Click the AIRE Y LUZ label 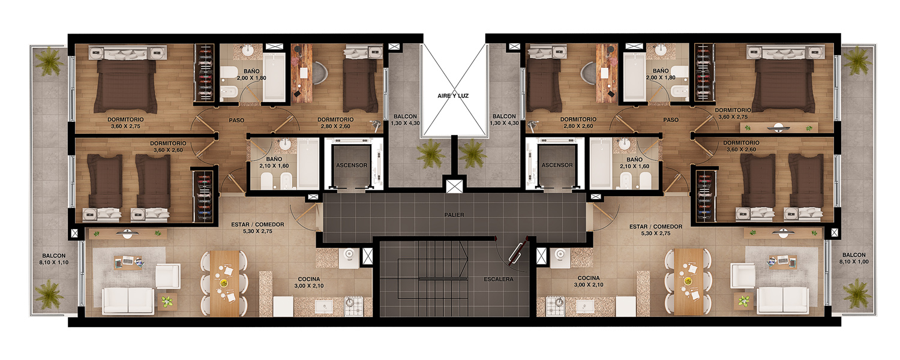(x=453, y=95)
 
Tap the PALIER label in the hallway (x=454, y=215)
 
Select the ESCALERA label (x=499, y=279)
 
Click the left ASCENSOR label (x=352, y=165)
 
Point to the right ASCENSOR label (x=557, y=165)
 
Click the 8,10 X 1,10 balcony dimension (x=54, y=262)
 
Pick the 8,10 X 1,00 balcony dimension (x=854, y=262)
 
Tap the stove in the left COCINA (x=353, y=306)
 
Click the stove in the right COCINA (x=555, y=306)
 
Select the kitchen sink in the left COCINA (x=324, y=307)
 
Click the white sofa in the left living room (x=128, y=301)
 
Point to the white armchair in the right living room (x=743, y=275)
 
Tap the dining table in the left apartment (x=224, y=283)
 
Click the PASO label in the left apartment (x=236, y=120)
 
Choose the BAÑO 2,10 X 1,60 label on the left (x=274, y=163)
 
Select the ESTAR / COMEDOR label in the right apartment (x=656, y=227)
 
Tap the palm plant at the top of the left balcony (x=49, y=61)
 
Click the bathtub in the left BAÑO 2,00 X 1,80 (x=274, y=76)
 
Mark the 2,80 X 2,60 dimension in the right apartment (x=578, y=126)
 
